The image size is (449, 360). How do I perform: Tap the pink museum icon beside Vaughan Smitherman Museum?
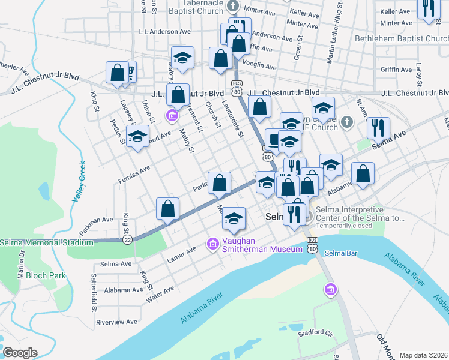point(212,244)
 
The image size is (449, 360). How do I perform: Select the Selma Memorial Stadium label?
point(47,242)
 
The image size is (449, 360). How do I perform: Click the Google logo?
point(20,353)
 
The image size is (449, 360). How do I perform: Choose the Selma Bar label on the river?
point(341,253)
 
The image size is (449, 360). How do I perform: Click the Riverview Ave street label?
point(117,322)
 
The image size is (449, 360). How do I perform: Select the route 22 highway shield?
point(127,239)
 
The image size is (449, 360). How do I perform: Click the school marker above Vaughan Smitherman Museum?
point(234,218)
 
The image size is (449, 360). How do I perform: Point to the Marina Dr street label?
point(22,265)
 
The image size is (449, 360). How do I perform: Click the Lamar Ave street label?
point(182,253)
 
